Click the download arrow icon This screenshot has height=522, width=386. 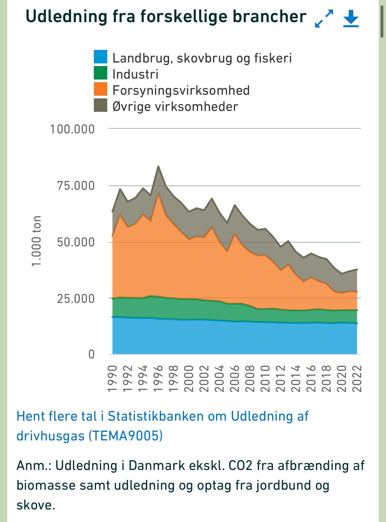point(351,19)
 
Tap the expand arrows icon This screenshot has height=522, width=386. point(324,19)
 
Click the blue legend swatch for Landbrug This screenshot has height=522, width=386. point(100,57)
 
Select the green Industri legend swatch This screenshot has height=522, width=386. point(100,73)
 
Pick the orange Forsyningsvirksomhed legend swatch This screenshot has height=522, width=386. point(100,89)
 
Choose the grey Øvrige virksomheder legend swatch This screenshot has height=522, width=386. point(100,106)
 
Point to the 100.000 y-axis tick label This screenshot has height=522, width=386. point(72,129)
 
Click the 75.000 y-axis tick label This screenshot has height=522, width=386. point(76,186)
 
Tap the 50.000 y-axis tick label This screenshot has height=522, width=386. point(76,242)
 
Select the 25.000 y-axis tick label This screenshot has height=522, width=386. point(76,298)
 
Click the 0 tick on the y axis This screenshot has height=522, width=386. point(91,354)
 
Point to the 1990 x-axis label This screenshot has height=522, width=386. point(112,378)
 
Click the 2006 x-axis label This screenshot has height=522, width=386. point(235,378)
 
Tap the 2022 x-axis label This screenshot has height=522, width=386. point(357,378)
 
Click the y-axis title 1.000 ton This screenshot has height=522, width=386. point(36,241)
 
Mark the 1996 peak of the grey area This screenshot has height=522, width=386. point(158,167)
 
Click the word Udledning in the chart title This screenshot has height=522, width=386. point(66,16)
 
